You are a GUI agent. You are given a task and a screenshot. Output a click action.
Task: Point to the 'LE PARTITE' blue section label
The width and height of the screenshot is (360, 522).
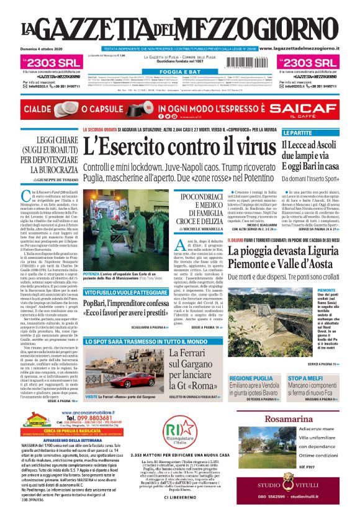297,133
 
